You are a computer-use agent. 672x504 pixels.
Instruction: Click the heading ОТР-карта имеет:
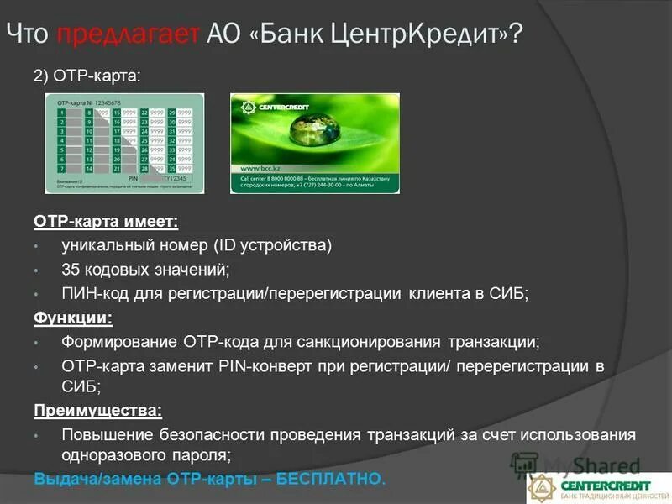click(106, 222)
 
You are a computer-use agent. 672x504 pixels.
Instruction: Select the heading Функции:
click(73, 318)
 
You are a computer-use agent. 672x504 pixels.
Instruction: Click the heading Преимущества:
click(97, 411)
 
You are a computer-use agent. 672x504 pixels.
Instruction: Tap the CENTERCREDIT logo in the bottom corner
click(598, 486)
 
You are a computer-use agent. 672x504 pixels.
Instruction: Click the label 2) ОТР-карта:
click(87, 76)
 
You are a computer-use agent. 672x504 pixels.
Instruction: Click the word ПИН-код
click(92, 294)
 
